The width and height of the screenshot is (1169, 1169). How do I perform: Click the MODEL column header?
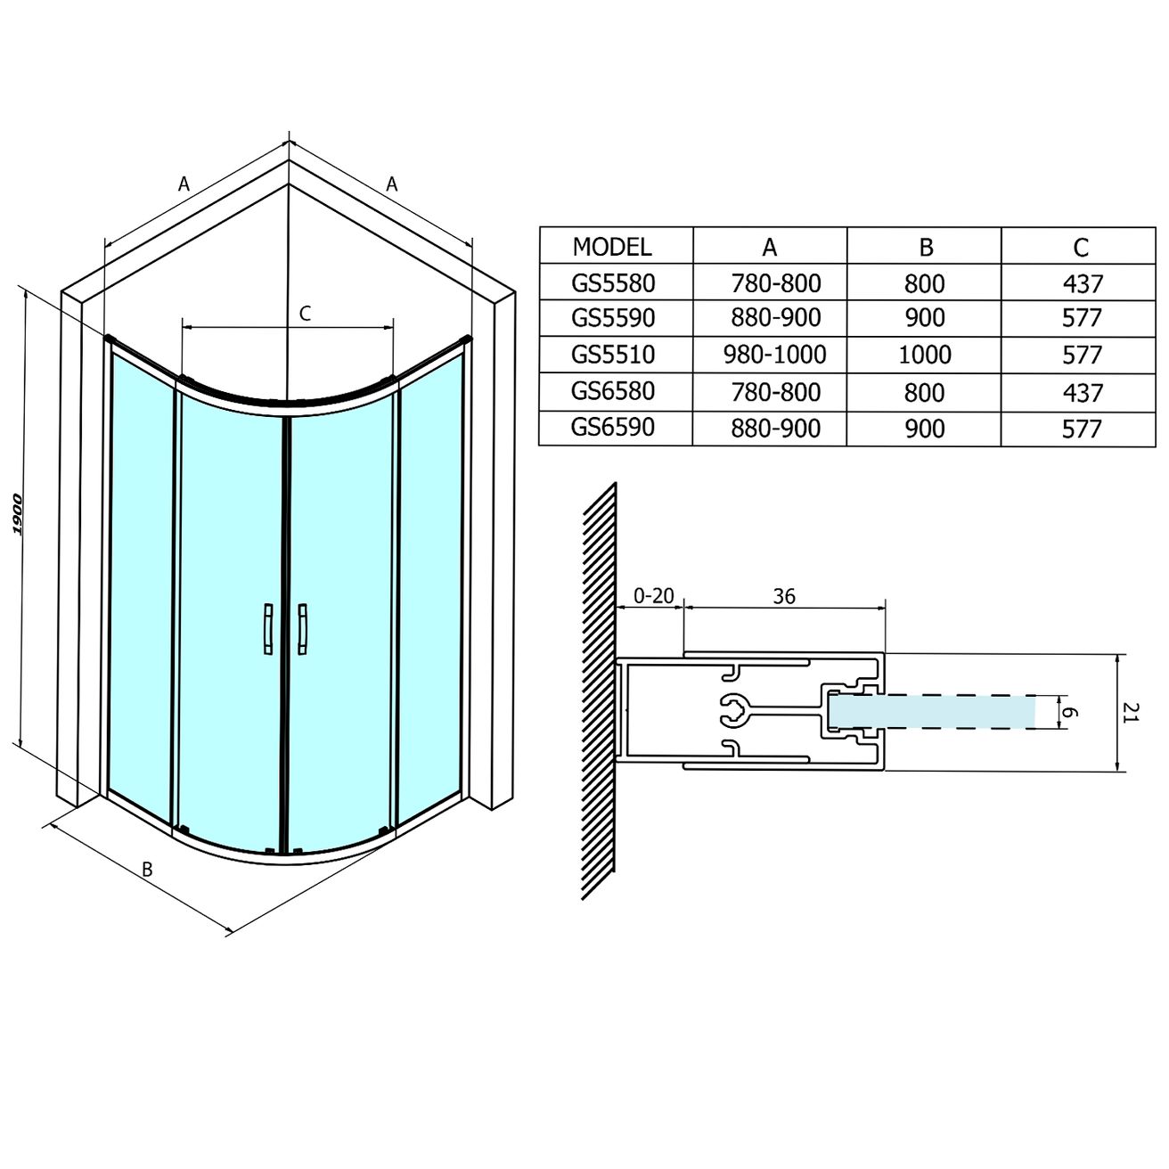pyautogui.click(x=611, y=246)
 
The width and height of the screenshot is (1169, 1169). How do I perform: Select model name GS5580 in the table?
pyautogui.click(x=613, y=283)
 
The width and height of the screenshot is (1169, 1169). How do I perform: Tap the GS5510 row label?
pyautogui.click(x=613, y=355)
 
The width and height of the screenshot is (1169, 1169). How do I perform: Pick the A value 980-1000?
pyautogui.click(x=774, y=355)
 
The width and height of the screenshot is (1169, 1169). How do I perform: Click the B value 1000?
pyautogui.click(x=925, y=355)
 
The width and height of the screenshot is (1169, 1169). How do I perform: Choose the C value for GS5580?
pyautogui.click(x=1083, y=283)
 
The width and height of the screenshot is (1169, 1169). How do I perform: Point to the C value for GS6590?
pyautogui.click(x=1082, y=429)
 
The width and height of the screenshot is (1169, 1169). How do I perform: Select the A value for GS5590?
pyautogui.click(x=775, y=318)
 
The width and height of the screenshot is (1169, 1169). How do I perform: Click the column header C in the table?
pyautogui.click(x=1081, y=247)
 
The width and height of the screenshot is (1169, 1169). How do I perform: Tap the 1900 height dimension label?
pyautogui.click(x=17, y=514)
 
